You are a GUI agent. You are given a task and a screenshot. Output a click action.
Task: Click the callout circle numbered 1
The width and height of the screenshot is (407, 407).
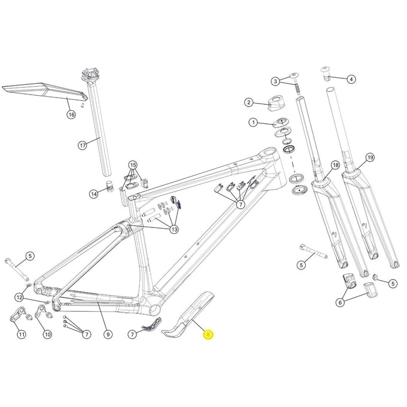pos(253,123)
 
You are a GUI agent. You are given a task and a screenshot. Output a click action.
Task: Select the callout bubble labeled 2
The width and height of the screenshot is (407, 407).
pos(248,103)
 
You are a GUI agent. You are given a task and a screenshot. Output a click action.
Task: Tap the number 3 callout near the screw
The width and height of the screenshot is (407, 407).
pos(275,81)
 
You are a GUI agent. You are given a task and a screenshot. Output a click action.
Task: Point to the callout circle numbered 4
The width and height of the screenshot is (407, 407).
pos(351,78)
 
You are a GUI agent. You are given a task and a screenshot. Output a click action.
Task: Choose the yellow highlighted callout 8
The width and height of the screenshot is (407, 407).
pos(208,335)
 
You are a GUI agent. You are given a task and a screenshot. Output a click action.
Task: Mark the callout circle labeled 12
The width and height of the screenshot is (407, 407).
pos(20,297)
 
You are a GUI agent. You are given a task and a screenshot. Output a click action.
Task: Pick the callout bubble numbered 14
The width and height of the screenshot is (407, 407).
pos(94,193)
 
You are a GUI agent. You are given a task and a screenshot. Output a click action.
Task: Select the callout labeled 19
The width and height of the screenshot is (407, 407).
pos(370,157)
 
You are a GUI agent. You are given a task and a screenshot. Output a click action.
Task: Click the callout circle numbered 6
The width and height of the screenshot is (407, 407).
pos(340,303)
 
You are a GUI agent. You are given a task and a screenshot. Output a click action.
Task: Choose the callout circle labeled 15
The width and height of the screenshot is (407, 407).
pos(132,165)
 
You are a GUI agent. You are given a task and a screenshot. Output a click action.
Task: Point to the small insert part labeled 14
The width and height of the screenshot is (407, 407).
pos(110,184)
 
